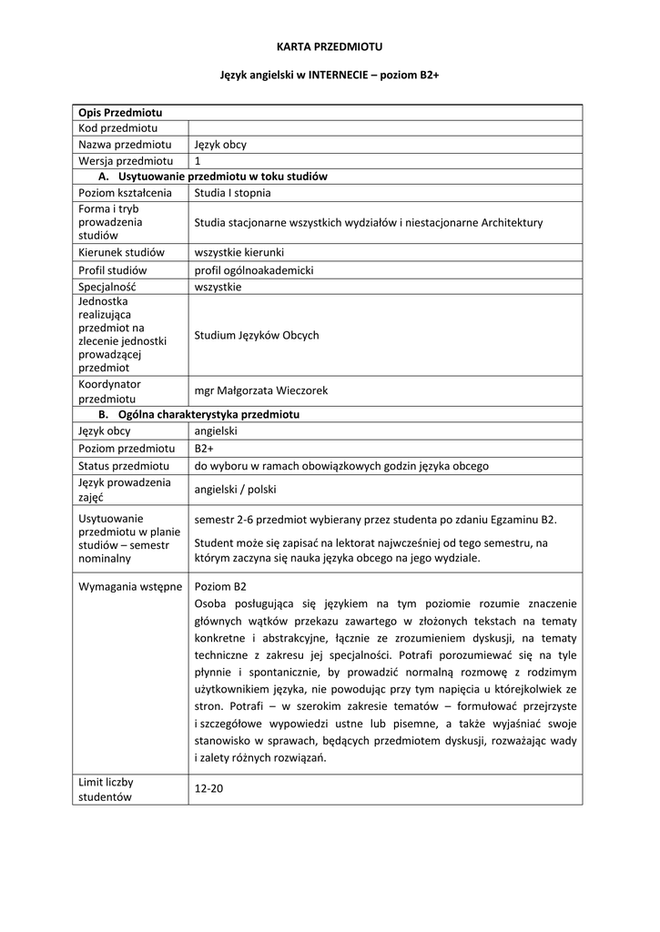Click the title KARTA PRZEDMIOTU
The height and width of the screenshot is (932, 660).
[x=330, y=46]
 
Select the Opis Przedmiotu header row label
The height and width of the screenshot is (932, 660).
[x=120, y=112]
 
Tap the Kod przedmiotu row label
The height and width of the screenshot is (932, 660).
[x=118, y=128]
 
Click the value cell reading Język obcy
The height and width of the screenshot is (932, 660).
[x=220, y=145]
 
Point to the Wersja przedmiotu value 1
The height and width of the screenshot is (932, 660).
[x=198, y=161]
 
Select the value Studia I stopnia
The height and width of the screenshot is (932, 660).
[x=232, y=193]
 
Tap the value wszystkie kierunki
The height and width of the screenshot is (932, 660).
[x=239, y=252]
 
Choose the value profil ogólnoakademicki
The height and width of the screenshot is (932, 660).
[x=254, y=270]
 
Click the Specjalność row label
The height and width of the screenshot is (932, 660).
[x=114, y=287]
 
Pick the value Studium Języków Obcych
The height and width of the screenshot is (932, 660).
[x=257, y=335]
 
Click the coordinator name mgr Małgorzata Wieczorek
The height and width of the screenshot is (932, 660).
[x=261, y=390]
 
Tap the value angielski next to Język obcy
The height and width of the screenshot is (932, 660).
[x=216, y=431]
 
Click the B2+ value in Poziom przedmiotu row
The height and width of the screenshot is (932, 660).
[x=205, y=449]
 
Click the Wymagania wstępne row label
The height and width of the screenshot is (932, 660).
[x=130, y=587]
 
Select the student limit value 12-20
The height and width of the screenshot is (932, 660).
[x=208, y=788]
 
